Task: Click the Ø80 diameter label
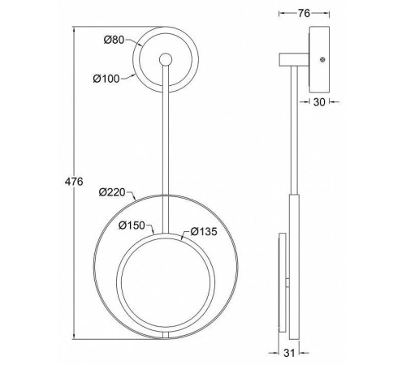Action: pos(114,40)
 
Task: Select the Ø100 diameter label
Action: pos(106,79)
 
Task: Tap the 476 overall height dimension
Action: pos(74,182)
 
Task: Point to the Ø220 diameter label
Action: pos(112,192)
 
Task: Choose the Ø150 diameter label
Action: pos(132,225)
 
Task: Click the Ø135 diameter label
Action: pos(204,232)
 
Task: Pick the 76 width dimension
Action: pos(304,13)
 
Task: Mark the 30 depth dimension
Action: pos(319,102)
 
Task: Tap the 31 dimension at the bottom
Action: pos(289,353)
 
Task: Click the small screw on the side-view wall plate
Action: pos(322,59)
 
